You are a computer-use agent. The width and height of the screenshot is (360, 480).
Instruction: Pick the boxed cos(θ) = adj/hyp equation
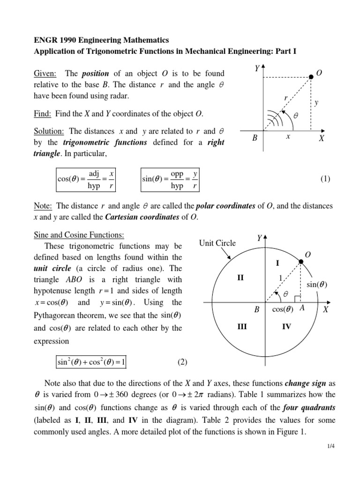pyautogui.click(x=85, y=180)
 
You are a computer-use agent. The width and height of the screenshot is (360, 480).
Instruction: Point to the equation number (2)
pyautogui.click(x=182, y=362)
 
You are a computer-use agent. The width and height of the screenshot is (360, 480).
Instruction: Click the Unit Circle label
pyautogui.click(x=217, y=243)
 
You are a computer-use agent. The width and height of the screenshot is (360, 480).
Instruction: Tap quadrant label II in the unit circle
pyautogui.click(x=240, y=278)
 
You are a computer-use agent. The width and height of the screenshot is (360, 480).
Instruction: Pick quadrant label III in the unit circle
pyautogui.click(x=242, y=326)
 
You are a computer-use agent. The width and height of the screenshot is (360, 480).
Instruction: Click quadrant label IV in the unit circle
pyautogui.click(x=286, y=326)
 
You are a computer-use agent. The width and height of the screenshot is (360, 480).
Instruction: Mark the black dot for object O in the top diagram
pyautogui.click(x=311, y=76)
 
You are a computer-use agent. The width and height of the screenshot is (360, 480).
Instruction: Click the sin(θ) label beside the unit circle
pyautogui.click(x=317, y=285)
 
